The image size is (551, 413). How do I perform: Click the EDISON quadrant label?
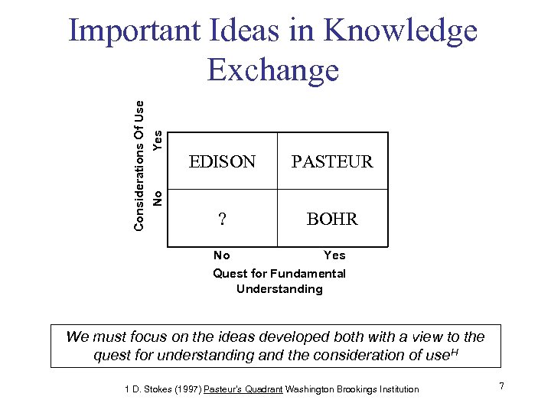point(222,161)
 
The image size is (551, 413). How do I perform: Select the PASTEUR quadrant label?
point(331,161)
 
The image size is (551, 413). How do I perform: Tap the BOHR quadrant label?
point(331,220)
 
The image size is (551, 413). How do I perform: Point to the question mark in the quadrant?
point(222,220)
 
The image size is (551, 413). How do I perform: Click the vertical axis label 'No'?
point(156,197)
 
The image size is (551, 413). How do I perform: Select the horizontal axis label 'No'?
point(222,255)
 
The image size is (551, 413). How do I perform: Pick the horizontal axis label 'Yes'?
point(334,255)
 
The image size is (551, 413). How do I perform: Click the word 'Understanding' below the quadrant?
point(279,288)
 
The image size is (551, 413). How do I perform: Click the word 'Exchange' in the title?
point(272,70)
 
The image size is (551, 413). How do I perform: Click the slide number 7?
point(501,385)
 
